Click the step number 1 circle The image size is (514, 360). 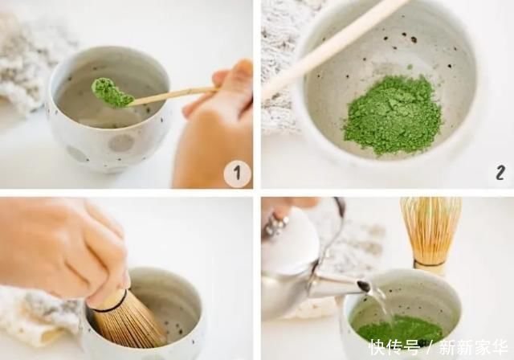tap(237, 173)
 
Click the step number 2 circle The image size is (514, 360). tap(500, 173)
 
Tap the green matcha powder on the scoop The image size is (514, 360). tap(111, 92)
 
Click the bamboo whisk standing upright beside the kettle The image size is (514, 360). tap(431, 229)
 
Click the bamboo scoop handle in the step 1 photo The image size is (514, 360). tap(173, 95)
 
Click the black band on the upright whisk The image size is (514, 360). tap(431, 263)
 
